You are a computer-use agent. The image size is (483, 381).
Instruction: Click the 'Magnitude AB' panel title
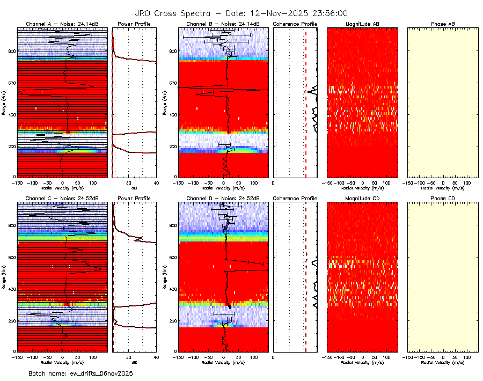pyautogui.click(x=362, y=24)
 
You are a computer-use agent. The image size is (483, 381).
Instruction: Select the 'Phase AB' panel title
pyautogui.click(x=443, y=24)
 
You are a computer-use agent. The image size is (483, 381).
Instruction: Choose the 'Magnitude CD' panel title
pyautogui.click(x=362, y=199)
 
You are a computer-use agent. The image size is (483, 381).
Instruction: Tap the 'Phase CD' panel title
pyautogui.click(x=443, y=199)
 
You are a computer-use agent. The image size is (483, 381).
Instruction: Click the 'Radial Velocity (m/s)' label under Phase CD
pyautogui.click(x=443, y=362)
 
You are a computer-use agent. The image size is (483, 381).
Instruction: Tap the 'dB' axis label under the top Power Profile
pyautogui.click(x=134, y=188)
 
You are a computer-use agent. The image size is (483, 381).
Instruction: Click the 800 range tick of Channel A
pyautogui.click(x=12, y=51)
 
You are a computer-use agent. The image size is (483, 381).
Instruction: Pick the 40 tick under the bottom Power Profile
pyautogui.click(x=156, y=356)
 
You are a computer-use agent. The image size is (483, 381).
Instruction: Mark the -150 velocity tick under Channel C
pyautogui.click(x=18, y=356)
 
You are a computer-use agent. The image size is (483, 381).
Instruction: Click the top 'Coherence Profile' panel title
pyautogui.click(x=295, y=24)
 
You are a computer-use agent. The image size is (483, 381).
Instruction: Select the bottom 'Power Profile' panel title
pyautogui.click(x=134, y=199)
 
